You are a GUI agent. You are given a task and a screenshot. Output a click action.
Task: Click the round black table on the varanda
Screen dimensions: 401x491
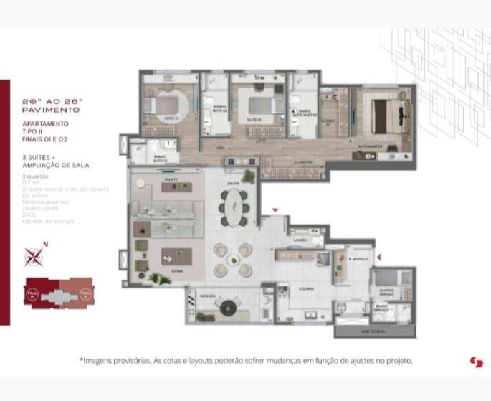[x=228, y=309]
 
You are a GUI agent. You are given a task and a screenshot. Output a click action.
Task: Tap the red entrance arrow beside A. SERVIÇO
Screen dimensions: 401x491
[x=379, y=256]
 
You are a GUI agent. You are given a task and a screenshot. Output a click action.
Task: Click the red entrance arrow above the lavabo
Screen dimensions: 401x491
[x=274, y=210]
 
